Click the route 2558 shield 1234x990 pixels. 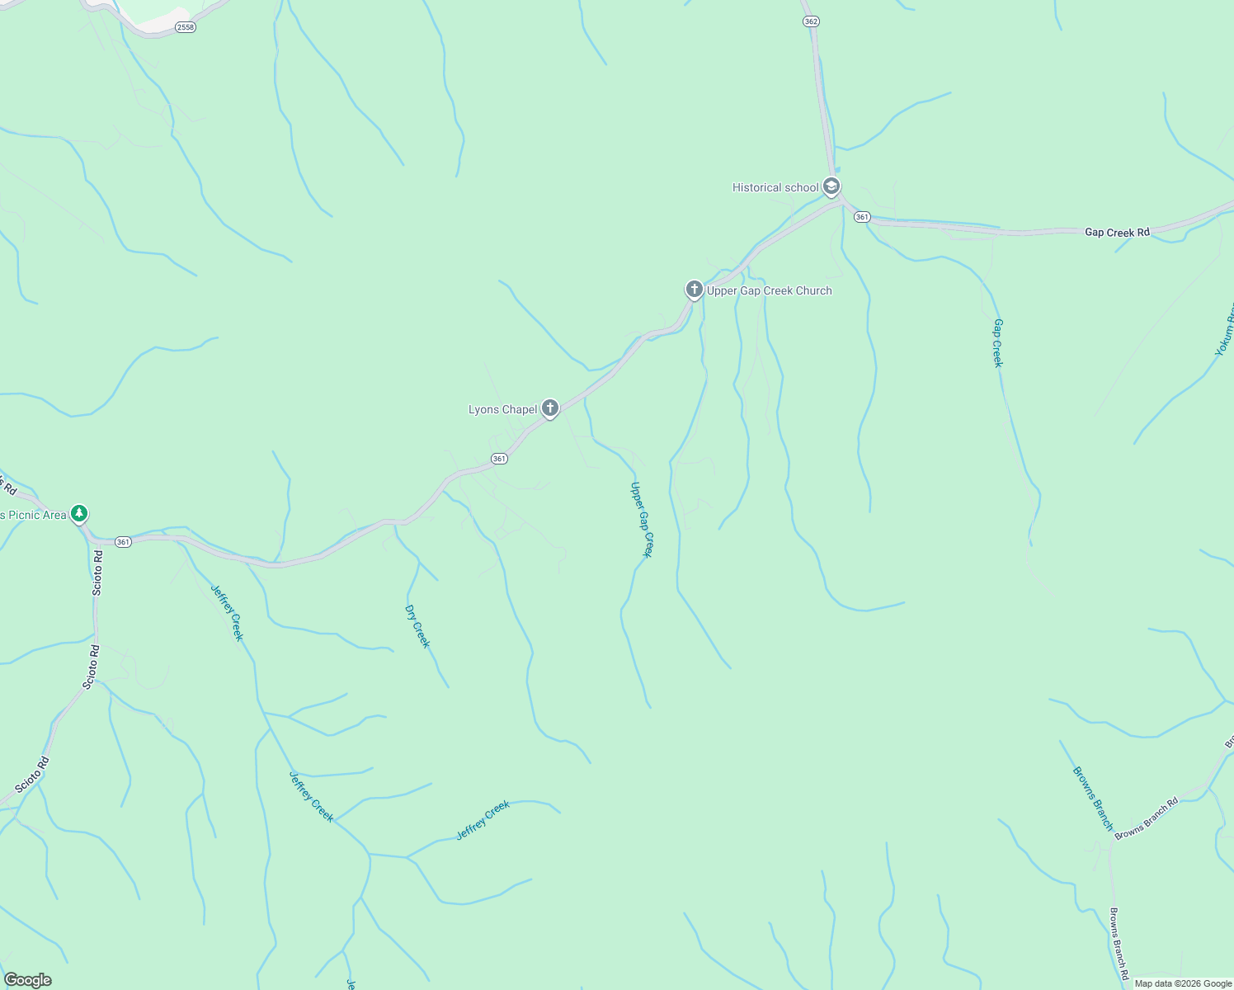tap(186, 27)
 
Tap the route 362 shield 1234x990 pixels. tap(811, 21)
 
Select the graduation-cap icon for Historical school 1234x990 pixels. tap(831, 186)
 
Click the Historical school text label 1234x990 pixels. tap(775, 187)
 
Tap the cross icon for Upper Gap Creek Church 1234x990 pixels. tap(695, 290)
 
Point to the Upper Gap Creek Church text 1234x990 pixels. tap(769, 290)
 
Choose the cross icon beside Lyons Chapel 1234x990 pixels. tap(550, 408)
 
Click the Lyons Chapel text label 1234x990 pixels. tap(502, 409)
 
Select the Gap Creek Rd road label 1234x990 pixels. tap(1117, 233)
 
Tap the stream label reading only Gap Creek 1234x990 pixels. tap(998, 342)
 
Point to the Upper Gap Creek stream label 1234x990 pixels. tap(641, 520)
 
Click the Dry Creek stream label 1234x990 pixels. tap(417, 626)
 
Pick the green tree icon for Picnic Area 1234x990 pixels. tap(79, 514)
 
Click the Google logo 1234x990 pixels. tap(27, 980)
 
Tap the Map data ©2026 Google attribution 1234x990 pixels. tap(1183, 983)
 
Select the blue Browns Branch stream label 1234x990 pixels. tap(1093, 798)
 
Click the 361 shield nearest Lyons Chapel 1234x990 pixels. tap(499, 459)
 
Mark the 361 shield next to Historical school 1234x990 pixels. tap(862, 217)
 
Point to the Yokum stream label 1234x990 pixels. tap(1225, 330)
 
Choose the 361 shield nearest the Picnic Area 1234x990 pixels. tap(123, 542)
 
